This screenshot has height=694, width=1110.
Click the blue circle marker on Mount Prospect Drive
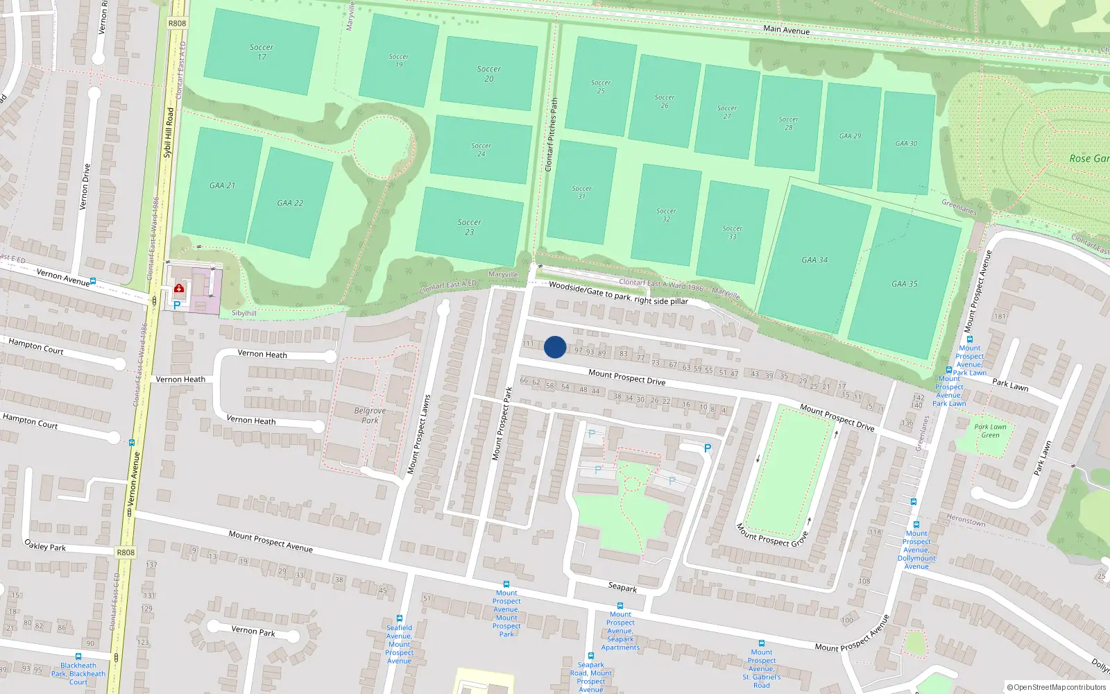click(x=555, y=347)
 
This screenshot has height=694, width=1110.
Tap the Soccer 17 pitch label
click(x=262, y=52)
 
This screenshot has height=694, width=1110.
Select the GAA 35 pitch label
click(x=905, y=284)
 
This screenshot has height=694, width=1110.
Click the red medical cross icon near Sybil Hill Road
click(x=179, y=288)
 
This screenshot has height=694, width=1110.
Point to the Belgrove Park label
click(x=370, y=415)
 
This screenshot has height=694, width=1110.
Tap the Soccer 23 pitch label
click(x=470, y=227)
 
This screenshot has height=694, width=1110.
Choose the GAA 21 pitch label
click(x=222, y=185)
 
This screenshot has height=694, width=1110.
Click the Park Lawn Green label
click(x=990, y=431)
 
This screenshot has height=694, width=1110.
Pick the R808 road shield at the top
click(x=177, y=23)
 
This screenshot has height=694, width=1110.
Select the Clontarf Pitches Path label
click(x=552, y=135)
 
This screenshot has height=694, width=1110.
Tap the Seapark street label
click(x=622, y=587)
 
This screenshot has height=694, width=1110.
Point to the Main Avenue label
click(x=786, y=29)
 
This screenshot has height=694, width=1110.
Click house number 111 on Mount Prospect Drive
click(x=528, y=344)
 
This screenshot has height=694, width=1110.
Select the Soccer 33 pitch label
click(x=732, y=232)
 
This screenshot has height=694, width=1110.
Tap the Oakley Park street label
click(x=45, y=545)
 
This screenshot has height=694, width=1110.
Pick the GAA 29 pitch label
click(x=850, y=136)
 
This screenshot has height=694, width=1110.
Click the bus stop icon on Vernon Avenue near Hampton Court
click(x=131, y=442)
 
